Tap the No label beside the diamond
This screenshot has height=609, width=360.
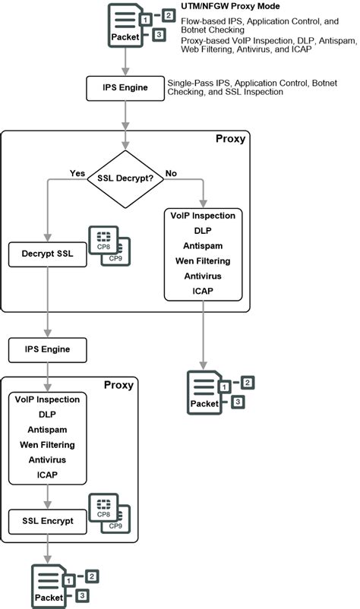click(x=171, y=172)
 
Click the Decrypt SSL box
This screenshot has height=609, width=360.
click(x=47, y=254)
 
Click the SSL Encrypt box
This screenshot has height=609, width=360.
click(x=47, y=521)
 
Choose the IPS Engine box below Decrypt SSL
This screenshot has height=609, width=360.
click(x=47, y=349)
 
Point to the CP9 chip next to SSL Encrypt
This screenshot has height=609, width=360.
click(x=115, y=525)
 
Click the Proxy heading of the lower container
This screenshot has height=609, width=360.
click(x=118, y=385)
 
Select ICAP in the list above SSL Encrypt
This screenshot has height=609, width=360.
click(x=47, y=475)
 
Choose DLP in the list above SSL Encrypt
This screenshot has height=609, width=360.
click(x=47, y=414)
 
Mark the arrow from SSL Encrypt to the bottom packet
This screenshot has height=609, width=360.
click(x=47, y=547)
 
